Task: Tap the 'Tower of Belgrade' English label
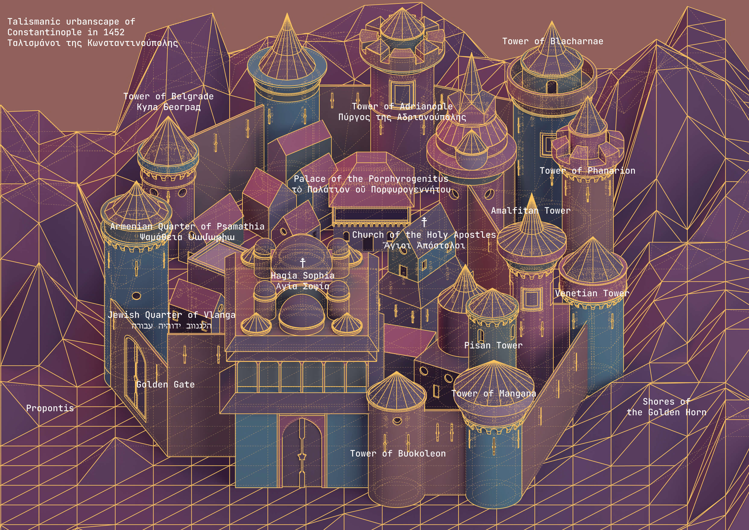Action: click(168, 96)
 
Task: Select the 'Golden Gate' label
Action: click(165, 385)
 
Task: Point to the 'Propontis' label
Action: click(50, 408)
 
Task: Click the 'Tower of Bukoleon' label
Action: click(398, 453)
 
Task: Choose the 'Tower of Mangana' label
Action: click(494, 393)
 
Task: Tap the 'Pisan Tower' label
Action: click(493, 345)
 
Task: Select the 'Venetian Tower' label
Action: click(592, 293)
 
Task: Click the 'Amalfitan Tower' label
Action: click(531, 210)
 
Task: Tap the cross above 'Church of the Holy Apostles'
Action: click(424, 222)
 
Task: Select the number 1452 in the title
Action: click(114, 32)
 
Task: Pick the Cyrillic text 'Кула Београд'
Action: click(168, 107)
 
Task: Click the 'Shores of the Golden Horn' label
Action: click(666, 407)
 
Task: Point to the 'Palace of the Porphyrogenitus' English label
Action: click(371, 179)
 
